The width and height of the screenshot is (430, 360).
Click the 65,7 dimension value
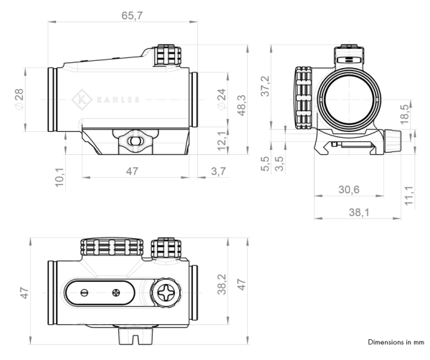(130, 16)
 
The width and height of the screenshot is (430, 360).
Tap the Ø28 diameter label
(19, 98)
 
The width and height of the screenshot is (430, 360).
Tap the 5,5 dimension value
(266, 164)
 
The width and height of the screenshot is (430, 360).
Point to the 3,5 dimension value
(278, 164)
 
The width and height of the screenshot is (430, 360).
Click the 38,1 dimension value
(355, 213)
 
